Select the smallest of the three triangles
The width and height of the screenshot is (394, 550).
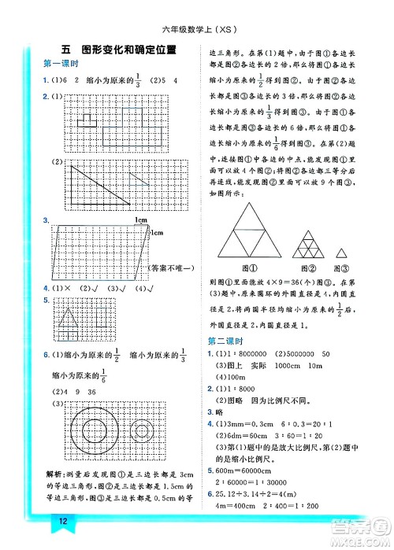tap(342, 252)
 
